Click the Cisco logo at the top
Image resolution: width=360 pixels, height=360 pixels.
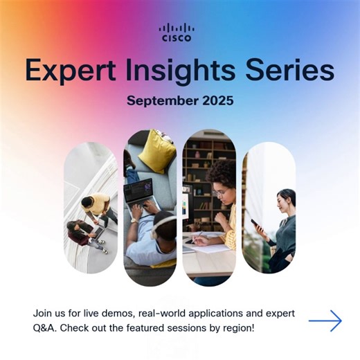pos(177,33)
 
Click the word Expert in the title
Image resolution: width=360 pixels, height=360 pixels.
pos(66,70)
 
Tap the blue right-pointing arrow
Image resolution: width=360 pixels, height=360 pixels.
pos(325,321)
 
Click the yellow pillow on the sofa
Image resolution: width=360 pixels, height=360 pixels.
pos(157,152)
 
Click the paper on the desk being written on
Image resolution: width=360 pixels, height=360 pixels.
pos(208,247)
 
